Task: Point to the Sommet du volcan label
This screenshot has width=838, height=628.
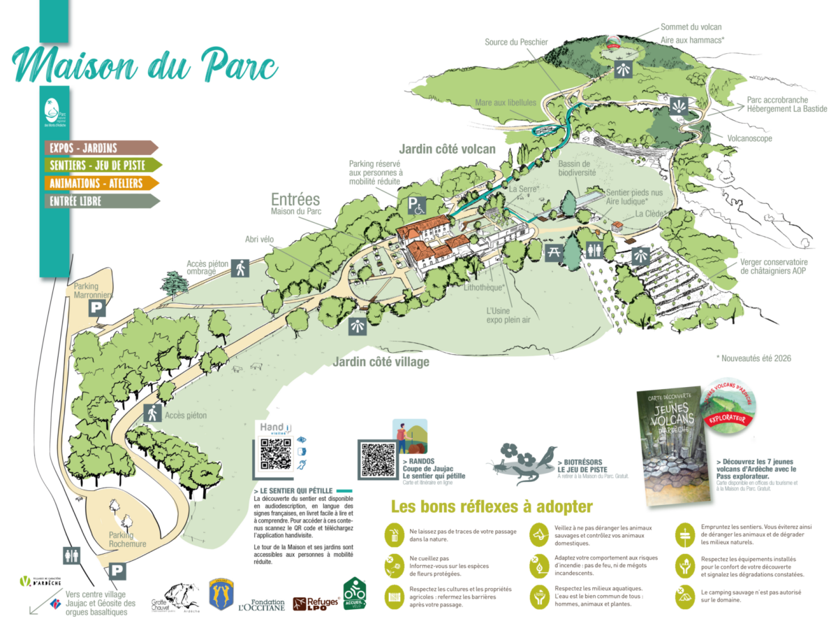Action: [691, 27]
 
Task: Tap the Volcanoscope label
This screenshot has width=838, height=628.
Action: [750, 138]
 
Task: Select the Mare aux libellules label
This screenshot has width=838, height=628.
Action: [506, 103]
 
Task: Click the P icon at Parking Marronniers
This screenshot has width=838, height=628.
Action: [97, 307]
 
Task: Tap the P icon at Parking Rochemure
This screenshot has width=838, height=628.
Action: [118, 571]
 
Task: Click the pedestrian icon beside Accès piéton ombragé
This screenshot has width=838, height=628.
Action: [240, 267]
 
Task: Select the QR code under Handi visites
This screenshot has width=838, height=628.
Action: [275, 454]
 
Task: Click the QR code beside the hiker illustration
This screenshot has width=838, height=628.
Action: [378, 460]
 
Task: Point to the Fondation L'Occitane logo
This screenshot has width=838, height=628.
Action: [261, 606]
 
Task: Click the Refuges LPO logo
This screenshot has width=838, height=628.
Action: [316, 604]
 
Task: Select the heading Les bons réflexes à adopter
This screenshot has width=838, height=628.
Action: [492, 506]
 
